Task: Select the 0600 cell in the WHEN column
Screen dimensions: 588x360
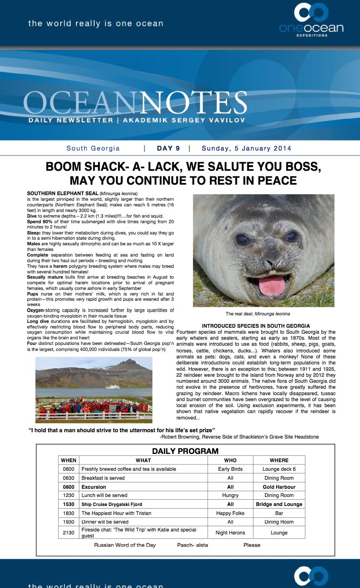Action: tap(68, 469)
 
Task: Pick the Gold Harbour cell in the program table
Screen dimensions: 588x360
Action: tap(279, 487)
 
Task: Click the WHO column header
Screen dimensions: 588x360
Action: tap(230, 460)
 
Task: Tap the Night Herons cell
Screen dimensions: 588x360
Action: tap(230, 533)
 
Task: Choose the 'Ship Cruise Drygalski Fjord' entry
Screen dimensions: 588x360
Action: tap(112, 504)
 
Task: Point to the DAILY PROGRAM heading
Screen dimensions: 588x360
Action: tap(185, 451)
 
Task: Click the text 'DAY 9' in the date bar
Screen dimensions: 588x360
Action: tap(168, 148)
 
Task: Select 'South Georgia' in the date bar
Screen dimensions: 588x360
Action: tap(93, 148)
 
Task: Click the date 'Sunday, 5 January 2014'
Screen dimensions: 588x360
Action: tap(246, 148)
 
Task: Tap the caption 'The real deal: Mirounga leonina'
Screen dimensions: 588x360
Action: tap(258, 314)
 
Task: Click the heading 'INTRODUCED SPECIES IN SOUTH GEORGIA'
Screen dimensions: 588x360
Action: tap(256, 326)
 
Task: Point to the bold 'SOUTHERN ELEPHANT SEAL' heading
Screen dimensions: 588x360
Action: tap(62, 193)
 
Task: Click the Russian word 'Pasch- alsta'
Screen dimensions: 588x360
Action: tap(192, 545)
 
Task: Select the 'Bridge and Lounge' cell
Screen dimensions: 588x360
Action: tap(279, 504)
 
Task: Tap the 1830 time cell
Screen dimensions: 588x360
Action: tap(68, 513)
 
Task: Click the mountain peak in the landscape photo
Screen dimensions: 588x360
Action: tap(129, 360)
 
